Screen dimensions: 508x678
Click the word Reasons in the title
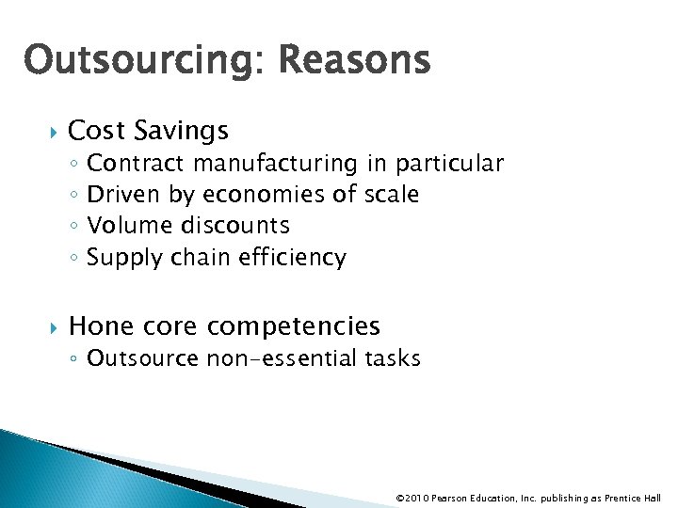[x=354, y=61]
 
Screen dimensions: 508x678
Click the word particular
[x=449, y=164]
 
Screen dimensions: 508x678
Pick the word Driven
[x=124, y=195]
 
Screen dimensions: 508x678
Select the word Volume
[x=126, y=226]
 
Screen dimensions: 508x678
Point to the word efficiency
[x=294, y=257]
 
